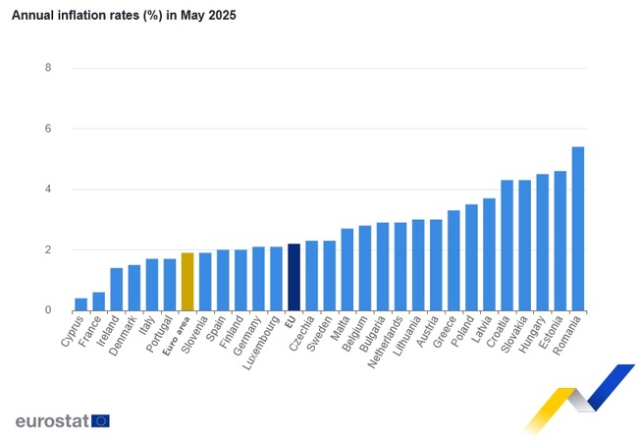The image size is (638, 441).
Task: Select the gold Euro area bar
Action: click(187, 282)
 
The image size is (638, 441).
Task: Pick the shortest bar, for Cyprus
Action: click(80, 304)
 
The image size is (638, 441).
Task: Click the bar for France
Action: click(98, 302)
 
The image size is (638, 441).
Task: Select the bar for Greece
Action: click(453, 260)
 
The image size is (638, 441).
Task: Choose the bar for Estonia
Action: click(560, 241)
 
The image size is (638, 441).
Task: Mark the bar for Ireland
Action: click(116, 290)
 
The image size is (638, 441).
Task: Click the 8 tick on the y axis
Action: click(48, 68)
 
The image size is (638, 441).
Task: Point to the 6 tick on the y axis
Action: click(48, 129)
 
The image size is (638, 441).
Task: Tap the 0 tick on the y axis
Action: click(48, 310)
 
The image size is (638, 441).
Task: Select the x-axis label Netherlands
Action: click(381, 340)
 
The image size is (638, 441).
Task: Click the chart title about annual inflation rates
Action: click(124, 17)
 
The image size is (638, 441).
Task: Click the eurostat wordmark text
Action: click(51, 420)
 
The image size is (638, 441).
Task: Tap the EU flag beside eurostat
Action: click(100, 420)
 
